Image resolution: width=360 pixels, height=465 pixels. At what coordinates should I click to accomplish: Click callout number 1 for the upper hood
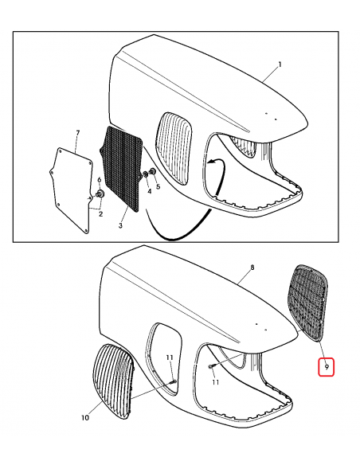(280, 63)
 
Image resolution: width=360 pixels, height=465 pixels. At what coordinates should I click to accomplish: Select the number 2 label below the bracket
(100, 214)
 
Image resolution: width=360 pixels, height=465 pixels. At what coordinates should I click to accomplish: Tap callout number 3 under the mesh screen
(120, 227)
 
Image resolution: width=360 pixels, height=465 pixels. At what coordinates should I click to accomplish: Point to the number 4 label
(148, 190)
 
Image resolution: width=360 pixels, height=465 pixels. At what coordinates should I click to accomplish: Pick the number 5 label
(158, 186)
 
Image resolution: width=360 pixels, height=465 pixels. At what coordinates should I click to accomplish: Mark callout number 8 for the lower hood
(252, 269)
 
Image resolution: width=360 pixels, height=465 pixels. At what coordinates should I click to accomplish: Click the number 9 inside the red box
(326, 367)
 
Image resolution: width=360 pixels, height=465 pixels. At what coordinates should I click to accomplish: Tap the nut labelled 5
(151, 173)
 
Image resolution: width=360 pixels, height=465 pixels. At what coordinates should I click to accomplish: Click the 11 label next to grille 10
(168, 358)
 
